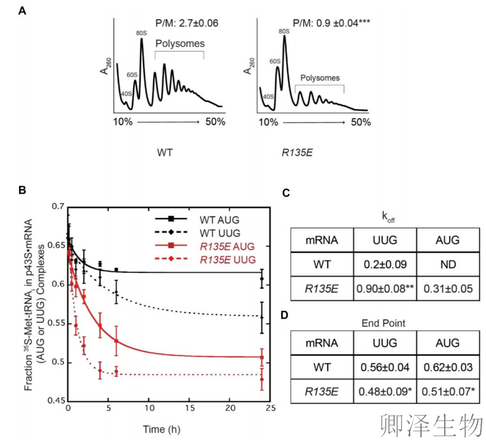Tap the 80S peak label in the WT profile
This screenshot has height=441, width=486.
[142, 33]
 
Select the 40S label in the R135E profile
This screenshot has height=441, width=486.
[267, 97]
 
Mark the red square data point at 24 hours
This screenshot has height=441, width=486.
[262, 357]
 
